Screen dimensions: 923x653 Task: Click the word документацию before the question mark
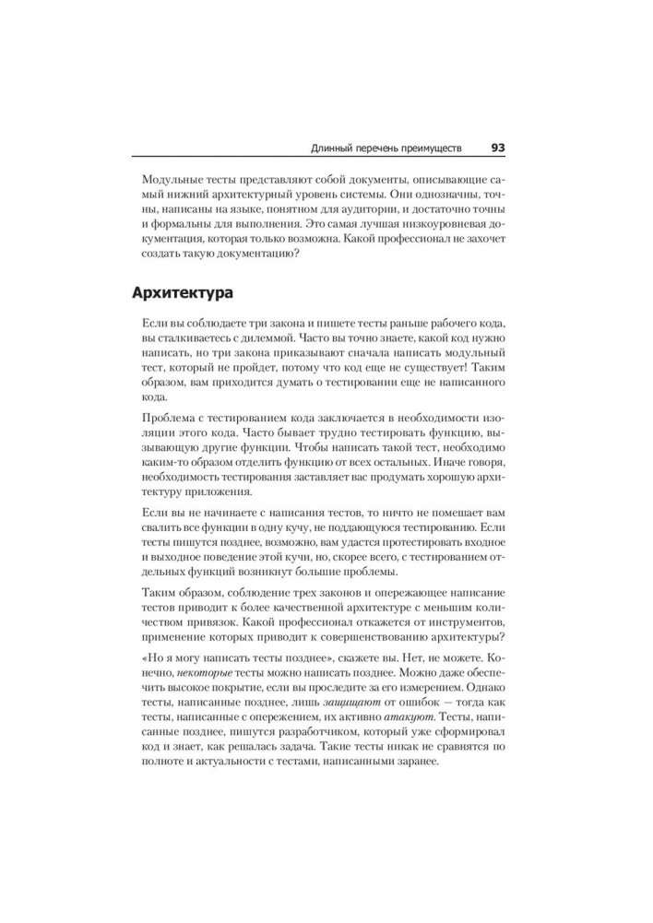click(243, 255)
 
